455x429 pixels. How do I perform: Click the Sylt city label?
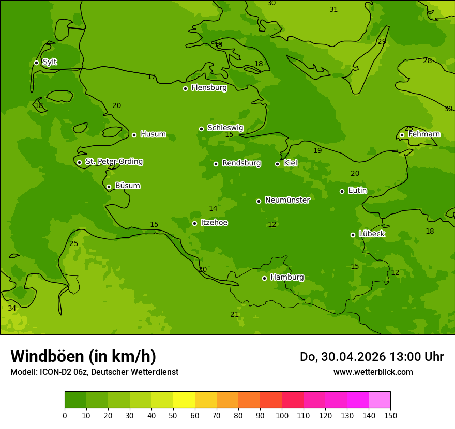click(x=50, y=62)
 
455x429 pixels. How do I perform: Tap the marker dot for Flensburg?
click(x=185, y=88)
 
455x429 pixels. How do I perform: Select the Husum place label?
click(x=153, y=134)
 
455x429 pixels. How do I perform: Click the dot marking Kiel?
click(x=277, y=164)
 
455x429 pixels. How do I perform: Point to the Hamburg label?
click(x=287, y=278)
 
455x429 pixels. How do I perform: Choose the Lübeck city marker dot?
click(x=353, y=235)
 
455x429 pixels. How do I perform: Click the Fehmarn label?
click(x=424, y=134)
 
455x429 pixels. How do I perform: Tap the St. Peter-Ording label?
click(x=114, y=162)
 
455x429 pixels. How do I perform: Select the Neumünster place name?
click(x=287, y=200)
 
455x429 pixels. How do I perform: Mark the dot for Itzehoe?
click(x=194, y=223)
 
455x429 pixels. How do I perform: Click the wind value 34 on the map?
click(x=12, y=308)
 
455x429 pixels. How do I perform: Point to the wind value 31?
click(x=333, y=9)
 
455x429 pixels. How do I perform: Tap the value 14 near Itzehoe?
click(x=213, y=209)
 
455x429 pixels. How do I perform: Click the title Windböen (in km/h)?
click(x=83, y=356)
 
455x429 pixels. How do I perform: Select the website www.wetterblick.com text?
click(x=373, y=372)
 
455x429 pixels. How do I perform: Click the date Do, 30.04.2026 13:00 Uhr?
click(x=371, y=357)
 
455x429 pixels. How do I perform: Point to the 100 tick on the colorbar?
click(x=282, y=415)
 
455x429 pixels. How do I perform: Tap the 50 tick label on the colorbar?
click(x=173, y=415)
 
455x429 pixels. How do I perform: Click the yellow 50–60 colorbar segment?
click(x=184, y=400)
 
